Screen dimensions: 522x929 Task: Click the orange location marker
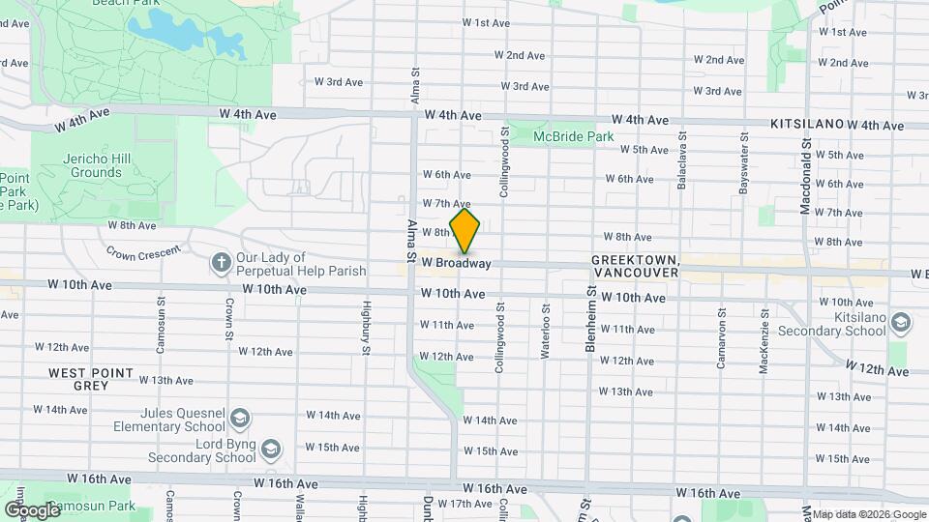[x=464, y=231]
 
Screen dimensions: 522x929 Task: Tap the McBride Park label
[x=574, y=137]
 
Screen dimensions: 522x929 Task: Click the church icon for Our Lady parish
[x=221, y=263]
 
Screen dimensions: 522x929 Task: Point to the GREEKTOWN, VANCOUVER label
[x=635, y=268]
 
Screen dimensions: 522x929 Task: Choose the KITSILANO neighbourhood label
[x=806, y=125]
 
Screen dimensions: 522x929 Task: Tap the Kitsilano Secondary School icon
[x=902, y=322]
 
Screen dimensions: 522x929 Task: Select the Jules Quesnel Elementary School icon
[x=240, y=419]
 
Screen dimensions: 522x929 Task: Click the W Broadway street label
[x=456, y=263]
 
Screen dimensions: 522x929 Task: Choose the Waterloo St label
[x=546, y=334]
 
